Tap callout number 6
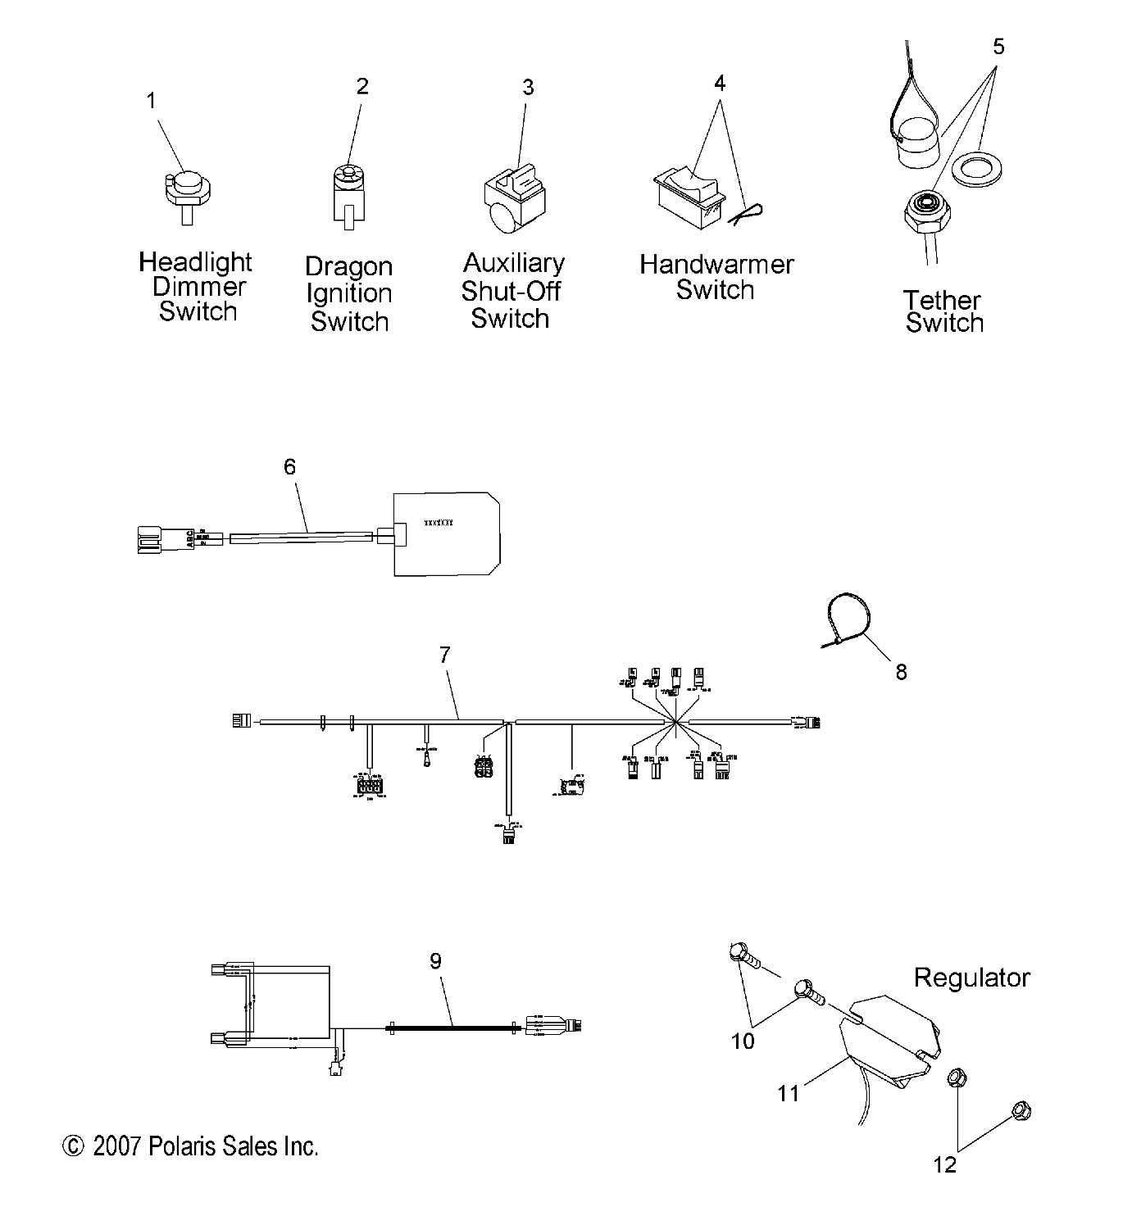[x=289, y=467]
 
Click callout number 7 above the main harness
[x=445, y=655]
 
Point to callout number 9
[x=435, y=960]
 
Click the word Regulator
[x=971, y=978]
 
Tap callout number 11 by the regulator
[x=788, y=1093]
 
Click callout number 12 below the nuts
[x=945, y=1164]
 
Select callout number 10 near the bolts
[x=743, y=1041]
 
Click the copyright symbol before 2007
[x=74, y=1146]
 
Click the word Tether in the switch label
[x=942, y=300]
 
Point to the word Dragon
[x=348, y=266]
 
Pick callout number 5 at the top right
[x=998, y=47]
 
